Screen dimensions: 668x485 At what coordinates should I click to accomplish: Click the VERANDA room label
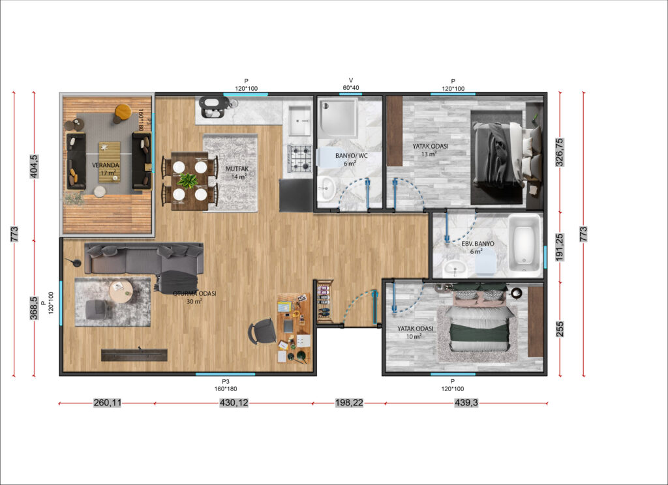(106, 165)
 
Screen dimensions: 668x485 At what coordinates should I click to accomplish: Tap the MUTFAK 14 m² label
(237, 173)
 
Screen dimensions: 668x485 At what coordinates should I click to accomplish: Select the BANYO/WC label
(352, 156)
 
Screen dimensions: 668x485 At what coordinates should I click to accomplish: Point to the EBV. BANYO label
(478, 244)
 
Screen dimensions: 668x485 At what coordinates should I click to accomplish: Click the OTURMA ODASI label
(194, 294)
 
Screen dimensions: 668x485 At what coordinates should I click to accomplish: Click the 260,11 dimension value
(107, 403)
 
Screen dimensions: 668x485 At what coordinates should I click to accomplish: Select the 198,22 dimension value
(350, 403)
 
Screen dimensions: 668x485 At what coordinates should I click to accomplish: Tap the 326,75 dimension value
(559, 152)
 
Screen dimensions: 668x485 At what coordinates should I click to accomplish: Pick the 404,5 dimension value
(34, 166)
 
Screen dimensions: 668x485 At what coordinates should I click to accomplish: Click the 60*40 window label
(351, 88)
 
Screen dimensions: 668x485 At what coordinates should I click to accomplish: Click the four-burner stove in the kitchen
(300, 158)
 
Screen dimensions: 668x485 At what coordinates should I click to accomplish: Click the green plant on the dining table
(187, 181)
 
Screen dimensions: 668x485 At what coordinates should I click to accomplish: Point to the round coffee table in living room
(121, 291)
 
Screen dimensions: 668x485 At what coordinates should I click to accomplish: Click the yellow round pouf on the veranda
(123, 111)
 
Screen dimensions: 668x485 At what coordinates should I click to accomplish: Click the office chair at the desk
(262, 331)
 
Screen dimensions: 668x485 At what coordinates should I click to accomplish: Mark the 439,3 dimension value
(466, 403)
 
